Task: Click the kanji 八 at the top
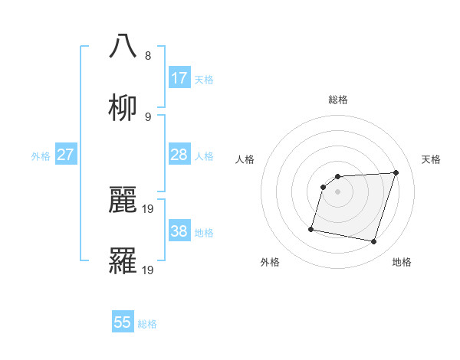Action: (123, 46)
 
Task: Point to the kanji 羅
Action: (123, 261)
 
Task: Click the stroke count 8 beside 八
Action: (148, 56)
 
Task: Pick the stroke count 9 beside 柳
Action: (148, 117)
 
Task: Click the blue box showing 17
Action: (179, 77)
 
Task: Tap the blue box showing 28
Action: (179, 155)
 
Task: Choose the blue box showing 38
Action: (179, 231)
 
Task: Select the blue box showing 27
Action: (65, 155)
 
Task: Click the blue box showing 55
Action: (123, 322)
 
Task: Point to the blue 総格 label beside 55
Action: (147, 324)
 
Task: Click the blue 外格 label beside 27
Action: (41, 156)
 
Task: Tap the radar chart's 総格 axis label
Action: (338, 100)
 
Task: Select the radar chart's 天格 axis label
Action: (432, 159)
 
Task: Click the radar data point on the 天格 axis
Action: (396, 173)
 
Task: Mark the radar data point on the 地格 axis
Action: (373, 241)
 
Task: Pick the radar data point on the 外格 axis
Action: (311, 228)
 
